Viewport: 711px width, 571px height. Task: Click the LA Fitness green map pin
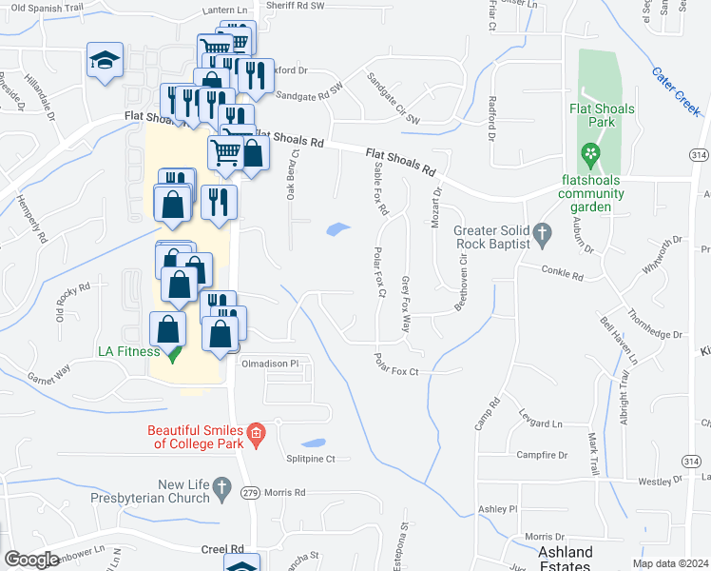(x=172, y=353)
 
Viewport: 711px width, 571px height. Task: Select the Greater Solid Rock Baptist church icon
(x=543, y=232)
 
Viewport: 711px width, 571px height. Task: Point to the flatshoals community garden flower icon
(x=591, y=151)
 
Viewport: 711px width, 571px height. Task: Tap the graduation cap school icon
(x=104, y=61)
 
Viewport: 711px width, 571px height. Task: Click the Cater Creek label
(x=677, y=91)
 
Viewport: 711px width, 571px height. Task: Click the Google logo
(x=31, y=560)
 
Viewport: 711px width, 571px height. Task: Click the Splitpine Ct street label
(x=311, y=459)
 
